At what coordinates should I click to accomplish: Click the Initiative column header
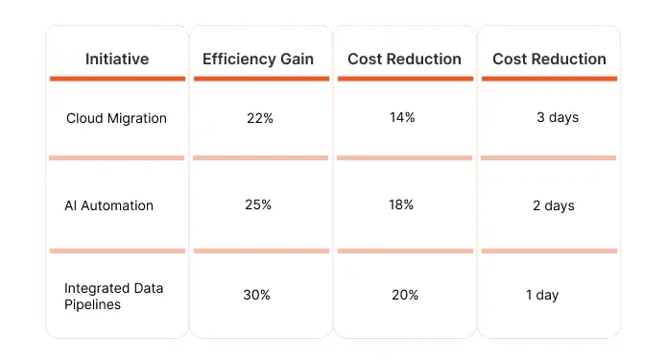[116, 59]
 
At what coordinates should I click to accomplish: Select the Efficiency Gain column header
[259, 59]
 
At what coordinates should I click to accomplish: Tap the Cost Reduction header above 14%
[404, 59]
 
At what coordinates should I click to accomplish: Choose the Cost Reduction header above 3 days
[549, 59]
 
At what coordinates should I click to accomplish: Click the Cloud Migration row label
[116, 118]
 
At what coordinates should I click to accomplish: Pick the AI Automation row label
[109, 205]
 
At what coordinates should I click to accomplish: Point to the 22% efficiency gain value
[259, 118]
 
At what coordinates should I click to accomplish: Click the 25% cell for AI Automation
[259, 204]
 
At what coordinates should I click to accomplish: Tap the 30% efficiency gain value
[257, 295]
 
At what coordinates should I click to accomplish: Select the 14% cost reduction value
[402, 117]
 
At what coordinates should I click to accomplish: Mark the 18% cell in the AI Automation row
[402, 204]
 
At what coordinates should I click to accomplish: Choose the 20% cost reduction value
[405, 295]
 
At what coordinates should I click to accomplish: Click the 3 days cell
[558, 118]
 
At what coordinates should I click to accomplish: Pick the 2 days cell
[554, 205]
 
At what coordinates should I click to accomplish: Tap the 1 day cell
[542, 295]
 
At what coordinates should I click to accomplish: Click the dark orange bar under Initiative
[116, 79]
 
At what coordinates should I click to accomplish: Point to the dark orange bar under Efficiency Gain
[260, 79]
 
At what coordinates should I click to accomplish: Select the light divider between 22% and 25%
[260, 157]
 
